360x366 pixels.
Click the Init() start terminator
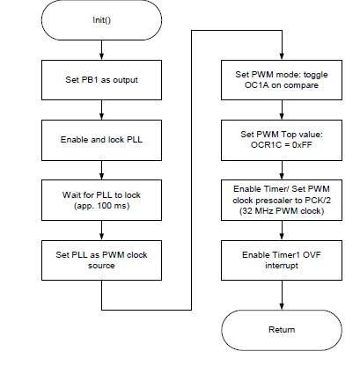coord(101,20)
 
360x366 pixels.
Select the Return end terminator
coord(282,330)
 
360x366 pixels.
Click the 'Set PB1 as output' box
coord(101,80)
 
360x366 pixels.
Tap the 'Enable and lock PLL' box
coord(101,140)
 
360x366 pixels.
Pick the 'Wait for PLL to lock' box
coord(101,200)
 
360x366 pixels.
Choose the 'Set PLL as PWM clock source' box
coord(101,260)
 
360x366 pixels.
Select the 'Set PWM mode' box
coord(282,80)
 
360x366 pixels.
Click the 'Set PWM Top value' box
coord(282,140)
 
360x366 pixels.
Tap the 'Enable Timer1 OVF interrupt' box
coord(282,260)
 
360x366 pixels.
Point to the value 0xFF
coord(302,145)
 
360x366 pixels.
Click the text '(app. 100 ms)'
coord(101,206)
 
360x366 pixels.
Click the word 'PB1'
coord(89,80)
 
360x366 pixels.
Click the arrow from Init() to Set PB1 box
coord(101,50)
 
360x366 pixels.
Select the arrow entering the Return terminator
coord(282,295)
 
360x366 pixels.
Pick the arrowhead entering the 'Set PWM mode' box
coord(282,57)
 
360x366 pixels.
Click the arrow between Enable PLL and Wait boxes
coord(101,170)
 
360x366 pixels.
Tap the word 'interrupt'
coord(282,266)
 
